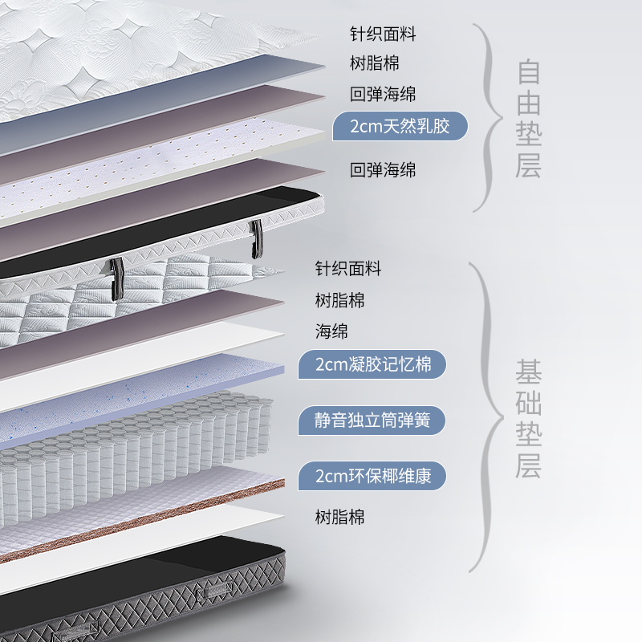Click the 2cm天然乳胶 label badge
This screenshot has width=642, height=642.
(400, 126)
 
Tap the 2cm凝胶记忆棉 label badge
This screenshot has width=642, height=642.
(372, 365)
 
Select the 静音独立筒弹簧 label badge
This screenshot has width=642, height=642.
(372, 421)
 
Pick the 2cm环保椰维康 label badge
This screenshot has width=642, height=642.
(372, 476)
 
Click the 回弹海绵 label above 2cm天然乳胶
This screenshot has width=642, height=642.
(383, 94)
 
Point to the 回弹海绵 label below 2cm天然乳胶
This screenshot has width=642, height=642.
(383, 169)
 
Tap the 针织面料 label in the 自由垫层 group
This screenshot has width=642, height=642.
(383, 35)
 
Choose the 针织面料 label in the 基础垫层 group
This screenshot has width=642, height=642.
(347, 268)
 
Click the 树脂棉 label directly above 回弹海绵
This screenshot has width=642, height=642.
(375, 63)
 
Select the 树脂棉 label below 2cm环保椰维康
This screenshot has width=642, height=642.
(339, 517)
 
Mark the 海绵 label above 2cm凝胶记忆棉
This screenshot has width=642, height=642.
(331, 331)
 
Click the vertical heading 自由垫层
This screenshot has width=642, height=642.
(529, 119)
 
